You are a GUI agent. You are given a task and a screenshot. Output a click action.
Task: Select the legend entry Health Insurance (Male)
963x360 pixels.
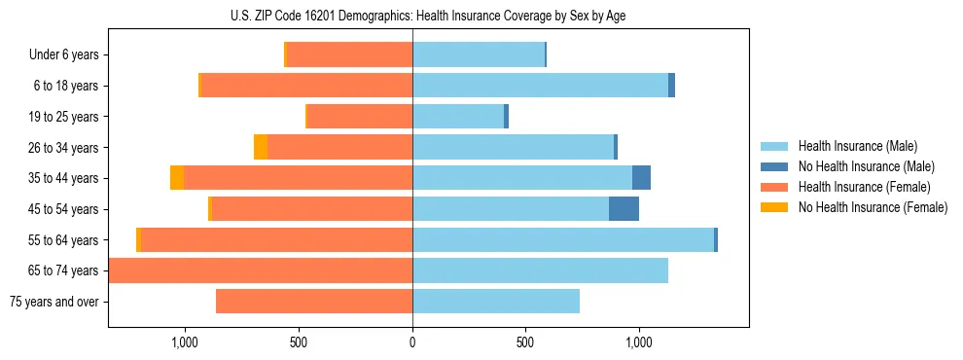coord(857,146)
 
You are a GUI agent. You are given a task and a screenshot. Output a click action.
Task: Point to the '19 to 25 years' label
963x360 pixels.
coord(61,117)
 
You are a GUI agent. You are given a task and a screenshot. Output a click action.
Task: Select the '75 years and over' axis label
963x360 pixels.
coord(53,302)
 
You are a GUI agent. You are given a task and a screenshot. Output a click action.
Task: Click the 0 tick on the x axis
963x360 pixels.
coord(412,342)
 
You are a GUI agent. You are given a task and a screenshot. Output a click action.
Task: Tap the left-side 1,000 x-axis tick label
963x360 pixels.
coord(185,342)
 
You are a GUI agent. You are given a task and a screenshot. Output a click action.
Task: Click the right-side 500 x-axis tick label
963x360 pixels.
coord(525,342)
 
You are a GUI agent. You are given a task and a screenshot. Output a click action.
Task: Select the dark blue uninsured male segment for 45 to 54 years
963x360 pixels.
coord(624,209)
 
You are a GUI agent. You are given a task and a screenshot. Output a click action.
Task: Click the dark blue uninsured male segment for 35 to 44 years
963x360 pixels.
coord(641,178)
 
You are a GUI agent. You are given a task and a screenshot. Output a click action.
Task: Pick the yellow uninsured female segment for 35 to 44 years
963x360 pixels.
coord(177,178)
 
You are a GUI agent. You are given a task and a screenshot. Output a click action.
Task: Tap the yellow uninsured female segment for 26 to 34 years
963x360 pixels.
coord(261,147)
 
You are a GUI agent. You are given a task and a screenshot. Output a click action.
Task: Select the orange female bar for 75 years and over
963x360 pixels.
coord(314,302)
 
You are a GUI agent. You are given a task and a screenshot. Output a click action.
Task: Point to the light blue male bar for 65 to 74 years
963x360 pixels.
coord(540,270)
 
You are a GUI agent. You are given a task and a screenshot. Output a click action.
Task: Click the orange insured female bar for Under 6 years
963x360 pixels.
coord(350,55)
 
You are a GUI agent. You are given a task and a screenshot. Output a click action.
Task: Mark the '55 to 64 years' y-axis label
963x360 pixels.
coord(61,240)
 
